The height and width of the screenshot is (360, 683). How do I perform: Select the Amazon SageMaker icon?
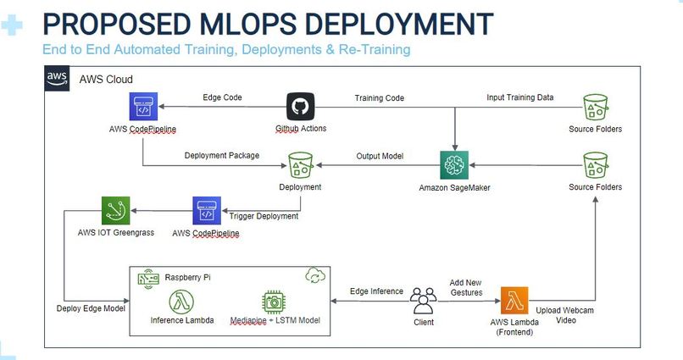click(x=455, y=164)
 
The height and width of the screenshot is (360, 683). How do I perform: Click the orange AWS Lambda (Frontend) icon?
click(x=514, y=302)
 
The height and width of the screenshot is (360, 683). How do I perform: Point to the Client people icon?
click(x=423, y=301)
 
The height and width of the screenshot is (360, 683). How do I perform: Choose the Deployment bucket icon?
click(x=301, y=165)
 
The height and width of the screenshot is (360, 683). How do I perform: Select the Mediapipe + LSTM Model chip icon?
click(x=274, y=302)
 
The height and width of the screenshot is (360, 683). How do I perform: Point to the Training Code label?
click(x=379, y=98)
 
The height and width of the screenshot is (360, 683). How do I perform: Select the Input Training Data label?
click(x=519, y=97)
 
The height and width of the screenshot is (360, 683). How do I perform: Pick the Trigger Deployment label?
click(x=264, y=216)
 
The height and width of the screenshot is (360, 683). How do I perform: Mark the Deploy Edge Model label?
click(x=92, y=308)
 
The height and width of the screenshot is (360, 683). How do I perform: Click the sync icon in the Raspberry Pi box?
click(x=313, y=277)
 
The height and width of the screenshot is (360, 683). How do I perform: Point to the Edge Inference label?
click(x=377, y=291)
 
